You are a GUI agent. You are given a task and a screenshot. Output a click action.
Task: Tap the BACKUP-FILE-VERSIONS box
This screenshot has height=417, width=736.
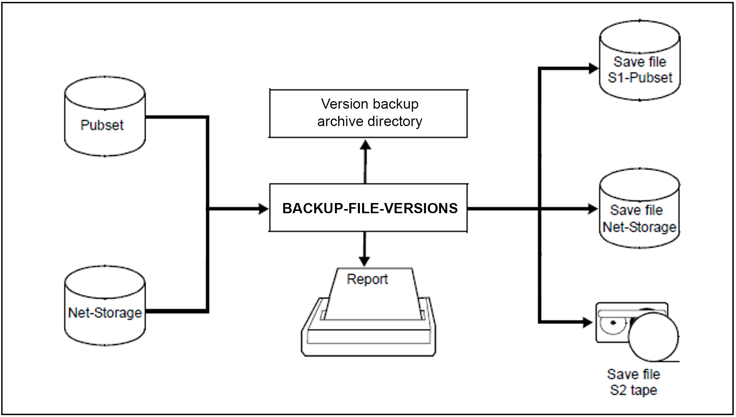[368, 208]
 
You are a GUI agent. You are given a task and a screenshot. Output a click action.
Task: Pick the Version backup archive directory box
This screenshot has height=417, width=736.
[368, 113]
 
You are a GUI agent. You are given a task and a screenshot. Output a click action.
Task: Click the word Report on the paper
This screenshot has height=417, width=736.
[367, 279]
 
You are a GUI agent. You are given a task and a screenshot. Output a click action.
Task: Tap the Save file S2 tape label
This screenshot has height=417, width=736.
[634, 382]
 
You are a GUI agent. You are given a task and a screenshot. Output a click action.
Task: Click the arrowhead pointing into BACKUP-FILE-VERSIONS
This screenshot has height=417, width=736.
[264, 208]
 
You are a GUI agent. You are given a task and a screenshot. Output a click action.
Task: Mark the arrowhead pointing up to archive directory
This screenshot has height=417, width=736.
[365, 145]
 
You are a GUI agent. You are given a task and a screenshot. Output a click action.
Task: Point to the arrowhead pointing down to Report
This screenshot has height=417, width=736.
[364, 261]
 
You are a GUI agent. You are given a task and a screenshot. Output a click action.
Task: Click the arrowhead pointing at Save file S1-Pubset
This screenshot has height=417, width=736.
[593, 68]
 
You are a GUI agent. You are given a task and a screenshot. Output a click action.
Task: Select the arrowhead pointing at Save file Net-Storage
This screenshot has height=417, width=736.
[593, 208]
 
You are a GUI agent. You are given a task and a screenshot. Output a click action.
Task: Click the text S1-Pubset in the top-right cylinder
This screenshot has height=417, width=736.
[640, 78]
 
